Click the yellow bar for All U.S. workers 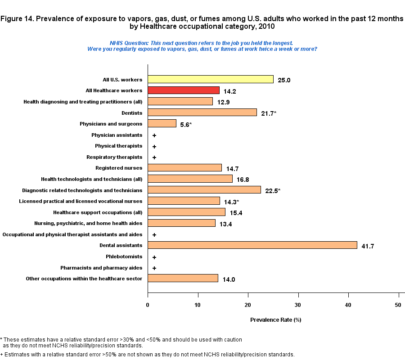click(211, 79)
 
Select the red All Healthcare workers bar click(184, 90)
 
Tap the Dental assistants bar click(252, 245)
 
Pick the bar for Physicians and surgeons click(162, 123)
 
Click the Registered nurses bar click(185, 168)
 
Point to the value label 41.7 click(368, 246)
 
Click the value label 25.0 click(284, 80)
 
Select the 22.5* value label click(273, 190)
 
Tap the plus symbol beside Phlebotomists click(154, 257)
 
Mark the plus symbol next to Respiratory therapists click(154, 157)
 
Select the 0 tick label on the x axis click(148, 305)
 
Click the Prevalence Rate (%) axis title click(275, 320)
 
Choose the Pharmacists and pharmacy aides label click(101, 268)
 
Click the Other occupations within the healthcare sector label click(84, 279)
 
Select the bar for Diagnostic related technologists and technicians click(204, 190)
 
